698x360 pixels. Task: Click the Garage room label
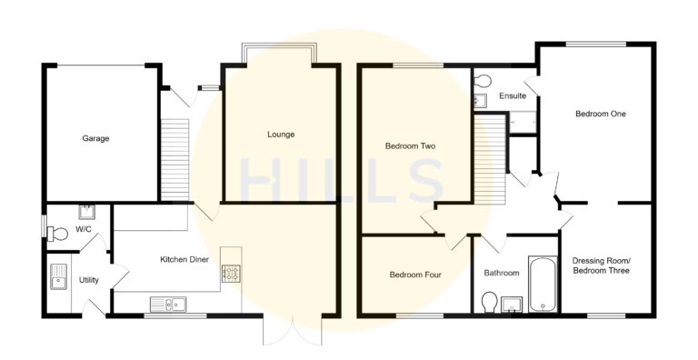click(x=95, y=139)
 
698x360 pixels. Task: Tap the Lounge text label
click(x=281, y=135)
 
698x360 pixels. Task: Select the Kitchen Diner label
click(x=185, y=260)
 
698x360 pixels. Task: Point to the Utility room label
click(x=89, y=280)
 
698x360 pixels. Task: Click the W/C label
click(x=83, y=229)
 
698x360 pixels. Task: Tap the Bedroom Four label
click(x=415, y=275)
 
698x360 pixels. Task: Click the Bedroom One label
click(x=600, y=114)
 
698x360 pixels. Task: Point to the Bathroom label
click(x=501, y=273)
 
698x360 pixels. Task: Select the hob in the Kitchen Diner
click(x=231, y=272)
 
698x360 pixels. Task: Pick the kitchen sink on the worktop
click(x=169, y=303)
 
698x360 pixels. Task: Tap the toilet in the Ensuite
click(x=482, y=80)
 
